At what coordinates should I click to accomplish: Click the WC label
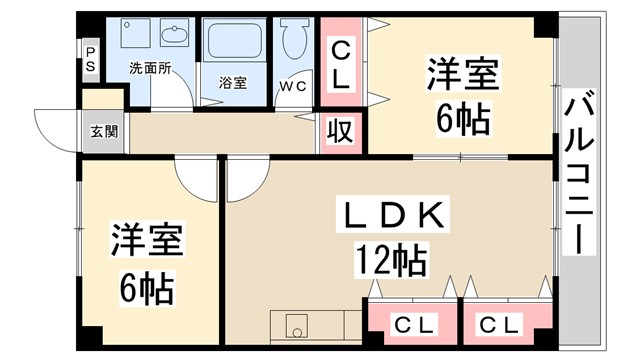[294, 86]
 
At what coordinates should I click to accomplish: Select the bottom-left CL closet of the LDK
[413, 324]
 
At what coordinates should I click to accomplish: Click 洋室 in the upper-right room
[464, 75]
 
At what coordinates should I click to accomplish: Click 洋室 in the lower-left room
[147, 242]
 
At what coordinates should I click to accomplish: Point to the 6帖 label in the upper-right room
[463, 120]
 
